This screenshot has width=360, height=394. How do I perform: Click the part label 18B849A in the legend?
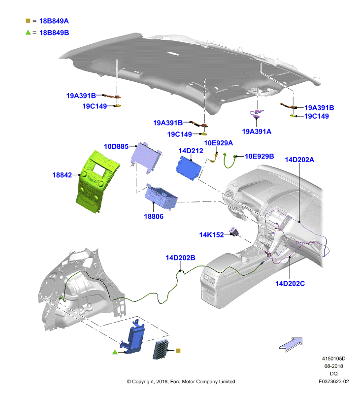[54, 21]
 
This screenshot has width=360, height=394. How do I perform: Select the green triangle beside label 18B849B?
[28, 33]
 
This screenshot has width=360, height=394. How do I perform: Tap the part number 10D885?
[116, 146]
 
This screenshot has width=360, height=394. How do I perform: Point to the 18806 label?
[154, 216]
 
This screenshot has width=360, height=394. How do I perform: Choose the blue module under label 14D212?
[189, 168]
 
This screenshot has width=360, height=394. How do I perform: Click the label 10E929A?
[218, 143]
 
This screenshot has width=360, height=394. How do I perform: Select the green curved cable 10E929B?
[229, 161]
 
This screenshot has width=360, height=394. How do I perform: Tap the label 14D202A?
[299, 160]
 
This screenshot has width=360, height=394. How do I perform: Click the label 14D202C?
[290, 284]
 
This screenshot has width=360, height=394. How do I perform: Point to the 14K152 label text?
[211, 235]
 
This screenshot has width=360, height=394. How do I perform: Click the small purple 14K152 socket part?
[234, 231]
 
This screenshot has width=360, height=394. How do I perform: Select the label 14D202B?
[180, 258]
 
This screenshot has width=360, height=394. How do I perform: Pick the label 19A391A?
[257, 131]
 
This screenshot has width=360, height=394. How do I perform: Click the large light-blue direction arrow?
[291, 344]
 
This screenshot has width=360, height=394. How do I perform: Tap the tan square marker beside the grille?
[178, 351]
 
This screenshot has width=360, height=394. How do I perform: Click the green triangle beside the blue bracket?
[115, 352]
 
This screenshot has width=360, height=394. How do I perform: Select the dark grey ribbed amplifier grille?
[161, 350]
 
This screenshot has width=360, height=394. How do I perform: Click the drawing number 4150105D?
[333, 359]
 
